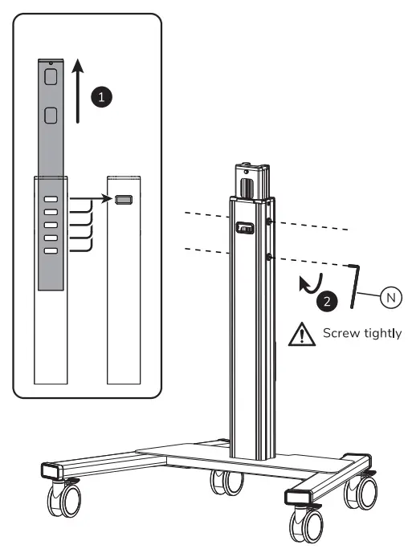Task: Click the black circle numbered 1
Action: pyautogui.click(x=100, y=96)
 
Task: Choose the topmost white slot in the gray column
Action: pyautogui.click(x=51, y=198)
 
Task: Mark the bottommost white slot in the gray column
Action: pyautogui.click(x=51, y=251)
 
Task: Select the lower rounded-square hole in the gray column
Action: pyautogui.click(x=50, y=116)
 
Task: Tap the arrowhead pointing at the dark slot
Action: pyautogui.click(x=110, y=200)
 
